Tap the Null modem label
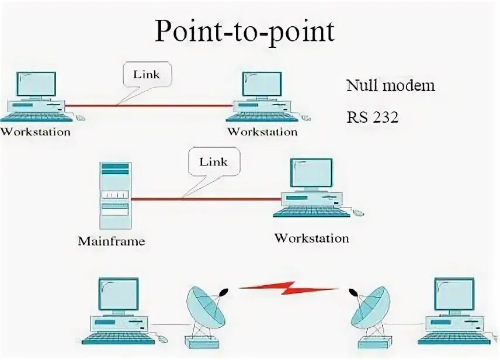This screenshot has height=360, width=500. pos(391,85)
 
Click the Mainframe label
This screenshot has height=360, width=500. pos(111,240)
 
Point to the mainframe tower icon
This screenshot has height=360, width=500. pos(114,196)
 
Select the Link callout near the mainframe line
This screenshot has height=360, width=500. pos(213,162)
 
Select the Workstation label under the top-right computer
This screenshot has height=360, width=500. pos(262,131)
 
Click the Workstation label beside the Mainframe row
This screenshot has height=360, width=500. pos(311,238)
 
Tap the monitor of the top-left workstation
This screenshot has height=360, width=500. pos(36,84)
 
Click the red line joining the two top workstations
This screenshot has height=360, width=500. pos(150,106)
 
